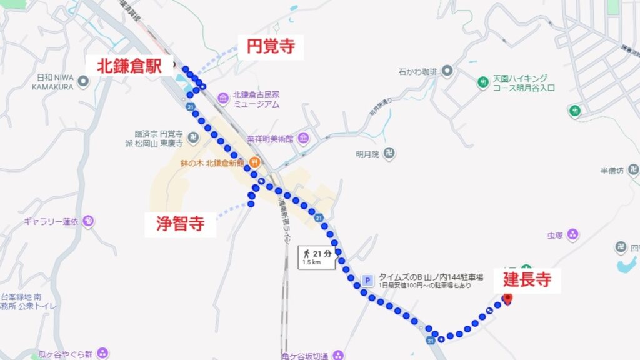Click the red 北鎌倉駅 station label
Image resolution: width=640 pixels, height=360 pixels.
pos(129,65)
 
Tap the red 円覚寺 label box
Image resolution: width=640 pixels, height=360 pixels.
pos(271,47)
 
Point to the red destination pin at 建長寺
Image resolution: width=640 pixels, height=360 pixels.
pos(507,299)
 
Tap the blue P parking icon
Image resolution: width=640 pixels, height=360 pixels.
pos(367,281)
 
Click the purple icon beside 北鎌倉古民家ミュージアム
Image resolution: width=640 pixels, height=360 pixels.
pos(223,99)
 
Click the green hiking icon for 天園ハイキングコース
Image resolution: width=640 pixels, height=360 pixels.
pos(482,82)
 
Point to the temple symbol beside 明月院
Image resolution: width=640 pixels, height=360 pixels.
pos(390,152)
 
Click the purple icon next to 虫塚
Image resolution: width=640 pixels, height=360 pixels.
pos(572,235)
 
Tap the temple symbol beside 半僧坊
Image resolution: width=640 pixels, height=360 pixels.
pos(633,169)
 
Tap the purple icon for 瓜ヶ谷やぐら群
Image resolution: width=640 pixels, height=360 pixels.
pos(102,354)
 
